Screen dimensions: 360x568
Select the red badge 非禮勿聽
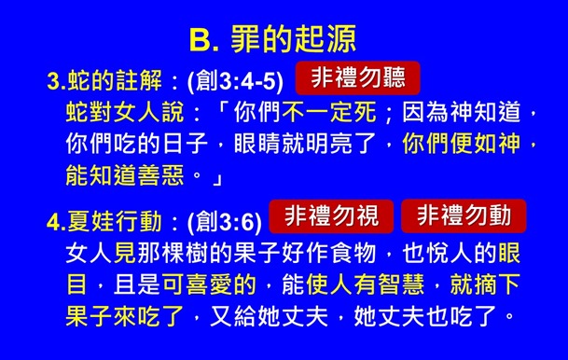[x=357, y=77]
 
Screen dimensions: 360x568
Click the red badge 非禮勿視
[x=331, y=216]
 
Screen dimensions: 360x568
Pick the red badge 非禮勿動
[x=464, y=216]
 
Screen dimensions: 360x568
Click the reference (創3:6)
[x=224, y=222]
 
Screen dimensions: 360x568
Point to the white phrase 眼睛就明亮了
[x=312, y=145]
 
